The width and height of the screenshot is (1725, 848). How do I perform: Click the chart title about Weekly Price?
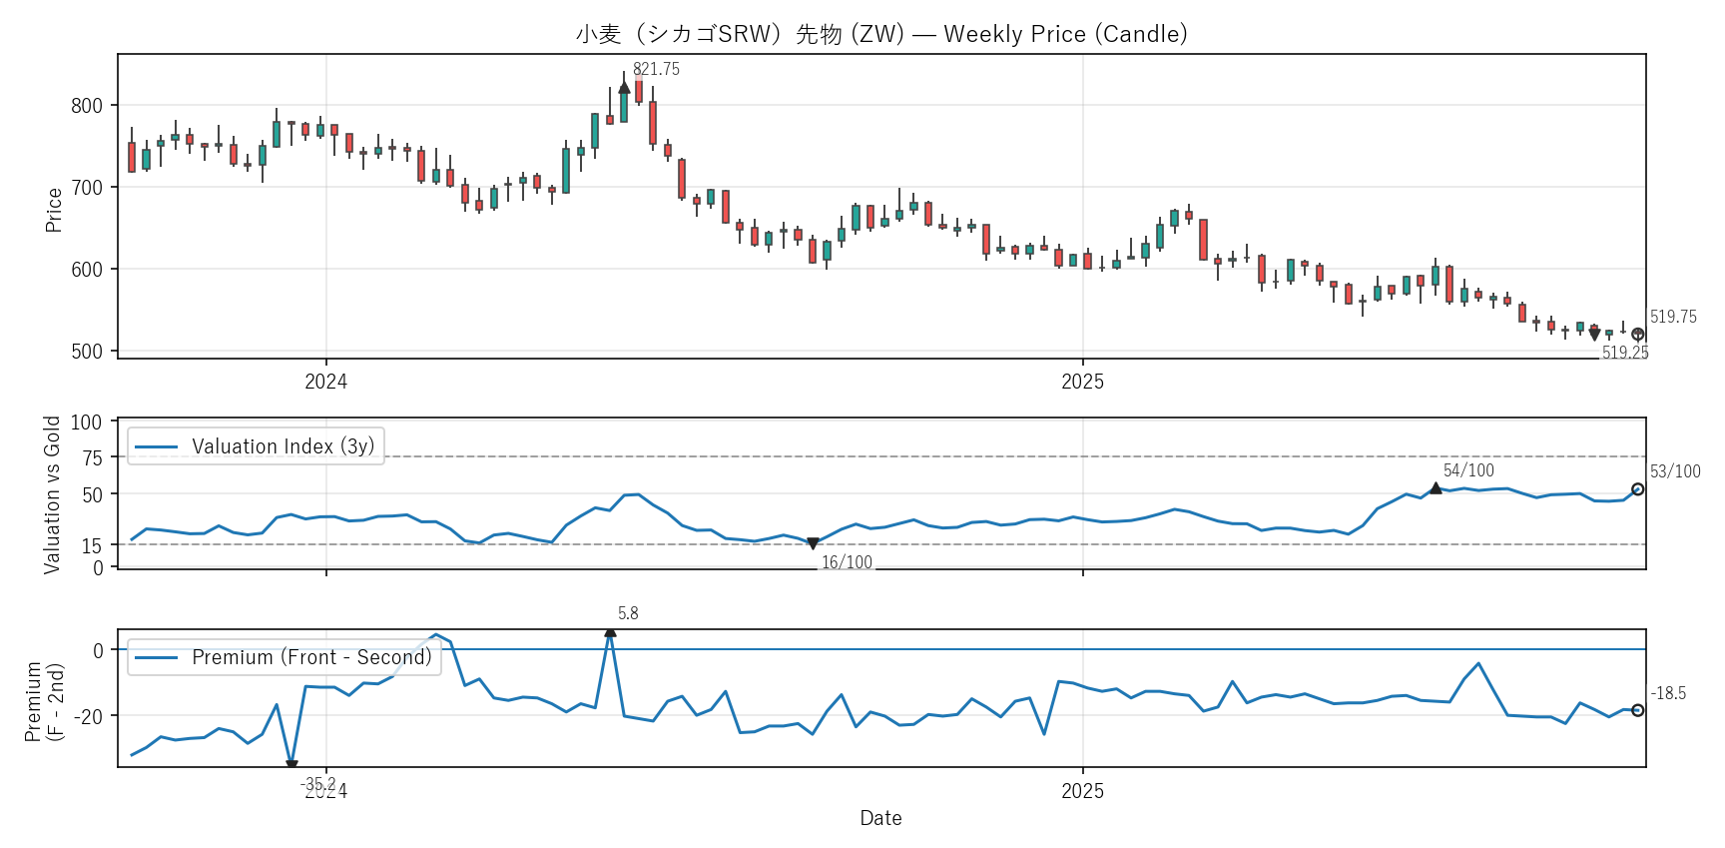pos(881,34)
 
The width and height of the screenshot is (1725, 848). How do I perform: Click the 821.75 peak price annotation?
pos(656,69)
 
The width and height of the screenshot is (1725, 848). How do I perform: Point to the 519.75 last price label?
pos(1673,317)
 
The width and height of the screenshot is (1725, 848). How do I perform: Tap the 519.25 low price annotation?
pos(1625,353)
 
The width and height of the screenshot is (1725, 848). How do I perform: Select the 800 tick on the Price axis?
pos(87,106)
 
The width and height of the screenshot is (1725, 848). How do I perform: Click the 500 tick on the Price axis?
pos(87,352)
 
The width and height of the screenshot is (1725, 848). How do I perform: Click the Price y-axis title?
pos(54,210)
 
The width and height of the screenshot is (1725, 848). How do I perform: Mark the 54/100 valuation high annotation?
pos(1468,470)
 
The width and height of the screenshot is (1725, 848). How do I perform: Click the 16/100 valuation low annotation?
pos(847,562)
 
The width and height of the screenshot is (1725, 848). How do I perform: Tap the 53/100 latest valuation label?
pos(1675,471)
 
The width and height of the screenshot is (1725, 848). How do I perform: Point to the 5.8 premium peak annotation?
pos(628,613)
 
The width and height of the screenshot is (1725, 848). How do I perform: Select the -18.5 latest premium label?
pos(1668,693)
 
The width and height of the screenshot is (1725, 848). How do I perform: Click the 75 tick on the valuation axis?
pos(92,457)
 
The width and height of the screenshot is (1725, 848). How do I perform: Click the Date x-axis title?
pos(880,818)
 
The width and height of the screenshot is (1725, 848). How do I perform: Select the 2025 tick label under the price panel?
pos(1082,382)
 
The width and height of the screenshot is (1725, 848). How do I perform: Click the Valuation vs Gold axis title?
pos(52,494)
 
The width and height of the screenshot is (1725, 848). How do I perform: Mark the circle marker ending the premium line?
pos(1637,710)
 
